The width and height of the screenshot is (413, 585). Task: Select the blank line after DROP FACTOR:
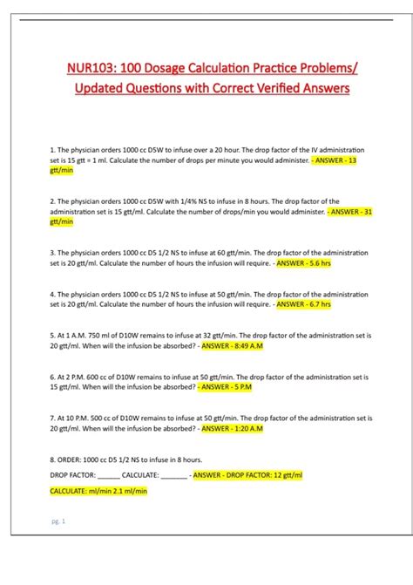pos(108,476)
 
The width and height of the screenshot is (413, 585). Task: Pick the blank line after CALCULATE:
pos(174,476)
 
